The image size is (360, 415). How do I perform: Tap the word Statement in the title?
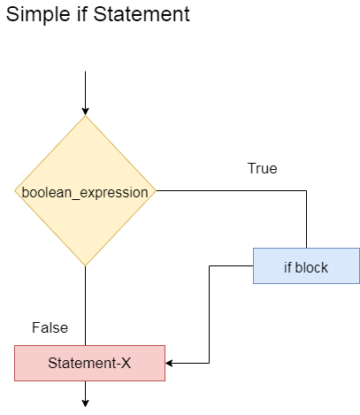(142, 14)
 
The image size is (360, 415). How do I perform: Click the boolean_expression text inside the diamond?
(85, 193)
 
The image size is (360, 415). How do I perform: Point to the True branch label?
(263, 168)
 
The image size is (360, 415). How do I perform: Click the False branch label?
(50, 327)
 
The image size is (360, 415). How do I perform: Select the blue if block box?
(306, 266)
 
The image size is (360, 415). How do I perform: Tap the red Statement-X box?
(89, 363)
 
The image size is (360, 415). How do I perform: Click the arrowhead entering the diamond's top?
(85, 111)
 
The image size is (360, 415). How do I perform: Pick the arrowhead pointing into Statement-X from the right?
(169, 363)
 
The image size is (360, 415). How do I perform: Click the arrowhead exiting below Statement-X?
(85, 403)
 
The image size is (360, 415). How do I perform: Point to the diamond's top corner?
(85, 116)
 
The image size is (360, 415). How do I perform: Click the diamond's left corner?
(15, 191)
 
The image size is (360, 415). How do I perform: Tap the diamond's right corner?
(156, 191)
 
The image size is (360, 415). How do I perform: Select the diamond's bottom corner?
(85, 265)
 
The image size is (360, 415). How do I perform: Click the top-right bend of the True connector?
(306, 191)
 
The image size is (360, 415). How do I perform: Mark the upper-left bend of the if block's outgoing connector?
(210, 266)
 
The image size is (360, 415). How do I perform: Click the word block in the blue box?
(311, 267)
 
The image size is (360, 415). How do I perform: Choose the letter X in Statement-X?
(126, 363)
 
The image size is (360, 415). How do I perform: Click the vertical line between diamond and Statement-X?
(85, 305)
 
